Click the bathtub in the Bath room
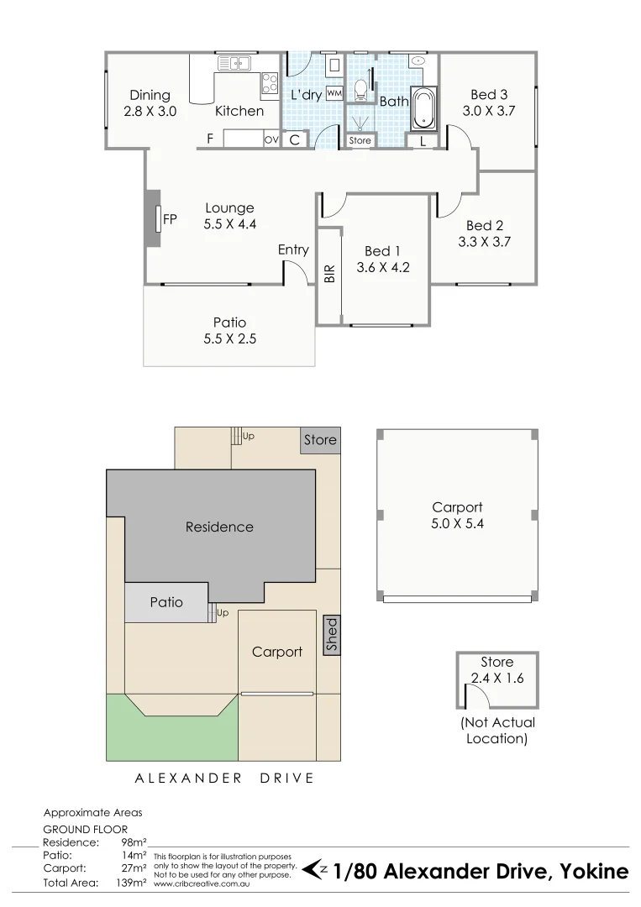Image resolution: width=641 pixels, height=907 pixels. (x=423, y=109)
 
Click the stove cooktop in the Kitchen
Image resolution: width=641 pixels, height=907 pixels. (x=270, y=83)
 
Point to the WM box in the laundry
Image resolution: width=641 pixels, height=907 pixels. (x=334, y=93)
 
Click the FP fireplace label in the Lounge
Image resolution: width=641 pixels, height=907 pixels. (x=170, y=220)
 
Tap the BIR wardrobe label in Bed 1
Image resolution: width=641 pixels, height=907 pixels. (x=329, y=275)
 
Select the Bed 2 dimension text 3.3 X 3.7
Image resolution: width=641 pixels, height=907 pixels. (x=485, y=242)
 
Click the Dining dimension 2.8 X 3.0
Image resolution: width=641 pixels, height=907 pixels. (x=150, y=111)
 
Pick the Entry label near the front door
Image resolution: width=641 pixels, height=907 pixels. (x=293, y=249)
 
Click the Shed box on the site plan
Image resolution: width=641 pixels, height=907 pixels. (x=332, y=636)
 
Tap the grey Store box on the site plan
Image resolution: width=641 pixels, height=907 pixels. (x=320, y=440)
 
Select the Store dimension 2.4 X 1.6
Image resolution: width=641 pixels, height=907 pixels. (x=497, y=679)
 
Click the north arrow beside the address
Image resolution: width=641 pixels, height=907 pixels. (x=315, y=870)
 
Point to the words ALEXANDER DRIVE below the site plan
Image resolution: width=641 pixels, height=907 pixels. (x=224, y=779)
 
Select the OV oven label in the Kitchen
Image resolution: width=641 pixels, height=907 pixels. (x=271, y=139)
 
